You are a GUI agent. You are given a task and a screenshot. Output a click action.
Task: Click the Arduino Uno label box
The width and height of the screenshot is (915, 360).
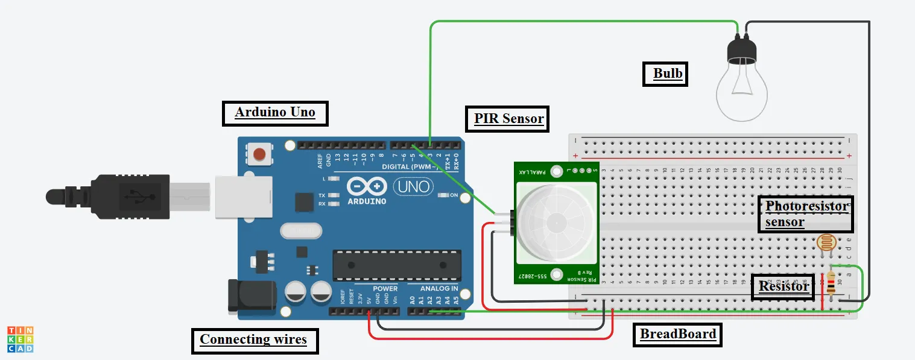click(275, 113)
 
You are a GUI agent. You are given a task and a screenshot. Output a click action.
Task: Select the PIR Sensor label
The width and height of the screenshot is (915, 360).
click(508, 119)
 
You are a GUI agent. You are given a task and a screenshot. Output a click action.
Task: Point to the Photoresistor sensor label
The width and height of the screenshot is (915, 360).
click(806, 214)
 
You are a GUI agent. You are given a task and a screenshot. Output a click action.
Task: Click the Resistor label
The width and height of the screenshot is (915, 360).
click(783, 286)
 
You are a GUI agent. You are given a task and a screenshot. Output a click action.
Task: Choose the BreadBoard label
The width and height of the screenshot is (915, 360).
click(677, 334)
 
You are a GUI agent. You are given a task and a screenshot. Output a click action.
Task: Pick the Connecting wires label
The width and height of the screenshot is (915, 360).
click(253, 339)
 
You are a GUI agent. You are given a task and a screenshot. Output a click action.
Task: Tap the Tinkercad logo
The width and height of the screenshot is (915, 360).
click(20, 339)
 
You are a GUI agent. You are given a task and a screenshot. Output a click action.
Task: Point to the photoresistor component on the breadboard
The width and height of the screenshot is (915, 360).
click(826, 243)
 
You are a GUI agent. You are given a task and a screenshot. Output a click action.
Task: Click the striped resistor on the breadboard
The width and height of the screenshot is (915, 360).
click(832, 283)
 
